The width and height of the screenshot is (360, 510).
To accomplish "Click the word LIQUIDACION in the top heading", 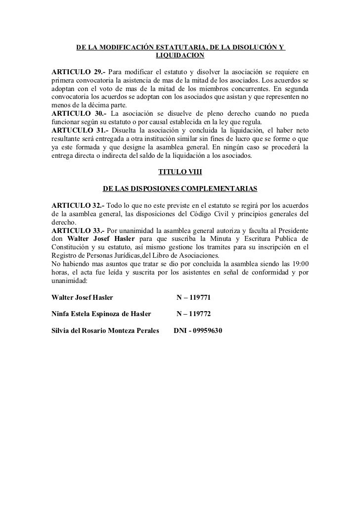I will coord(180,57).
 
